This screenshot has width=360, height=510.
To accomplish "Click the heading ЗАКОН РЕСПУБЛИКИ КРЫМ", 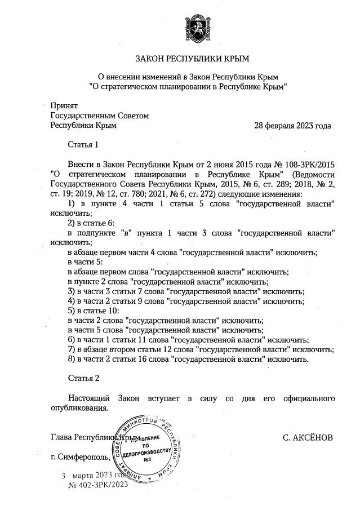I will [x=192, y=59].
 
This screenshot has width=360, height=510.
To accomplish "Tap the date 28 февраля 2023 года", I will [x=292, y=125].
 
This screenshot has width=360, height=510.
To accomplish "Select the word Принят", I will [x=64, y=105].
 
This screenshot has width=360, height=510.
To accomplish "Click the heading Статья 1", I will [x=83, y=145].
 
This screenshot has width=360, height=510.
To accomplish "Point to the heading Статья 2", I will [x=83, y=377].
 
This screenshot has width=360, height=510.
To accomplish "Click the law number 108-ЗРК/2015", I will [x=313, y=165].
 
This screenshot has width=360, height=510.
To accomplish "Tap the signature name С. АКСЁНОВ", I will [x=309, y=437].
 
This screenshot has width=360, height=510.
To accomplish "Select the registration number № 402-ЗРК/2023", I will [x=99, y=484].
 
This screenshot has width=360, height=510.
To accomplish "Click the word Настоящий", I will [x=86, y=398].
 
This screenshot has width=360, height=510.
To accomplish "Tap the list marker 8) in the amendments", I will [x=71, y=359].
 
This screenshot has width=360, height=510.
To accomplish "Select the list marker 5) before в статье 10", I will [x=71, y=311].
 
